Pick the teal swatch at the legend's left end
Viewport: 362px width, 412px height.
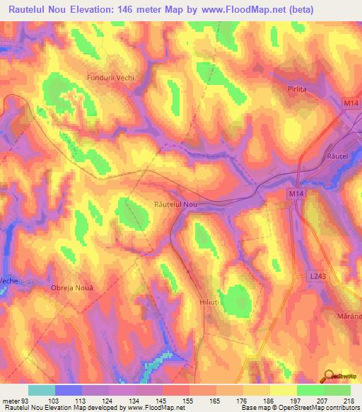[41, 390]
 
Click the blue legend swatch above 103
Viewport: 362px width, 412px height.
[68, 390]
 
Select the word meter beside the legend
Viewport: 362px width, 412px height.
[11, 400]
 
